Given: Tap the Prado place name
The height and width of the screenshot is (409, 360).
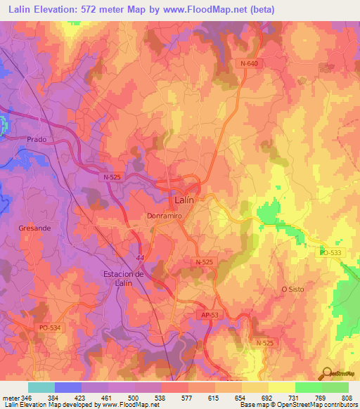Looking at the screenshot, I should (x=37, y=139).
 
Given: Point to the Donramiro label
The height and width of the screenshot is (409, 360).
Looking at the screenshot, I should (x=165, y=216).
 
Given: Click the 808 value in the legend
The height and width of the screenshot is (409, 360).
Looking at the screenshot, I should (x=347, y=398).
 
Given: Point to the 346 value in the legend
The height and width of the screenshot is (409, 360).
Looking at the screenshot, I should (x=20, y=398).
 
